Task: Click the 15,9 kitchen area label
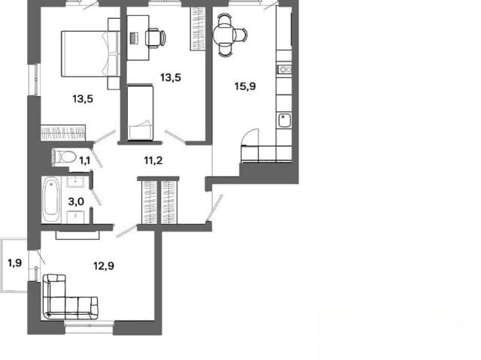point(245,86)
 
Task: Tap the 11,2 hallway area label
point(153,160)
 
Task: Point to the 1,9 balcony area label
point(14,263)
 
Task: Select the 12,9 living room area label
point(104,266)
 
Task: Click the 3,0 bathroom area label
point(76,201)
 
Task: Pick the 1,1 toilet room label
point(85,160)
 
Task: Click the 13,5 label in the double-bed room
point(83,99)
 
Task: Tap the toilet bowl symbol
point(65,157)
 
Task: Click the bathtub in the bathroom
point(51,200)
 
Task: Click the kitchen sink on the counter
point(284,120)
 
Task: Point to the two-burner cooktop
point(284,70)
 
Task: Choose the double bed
point(90,53)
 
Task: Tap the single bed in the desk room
point(141,113)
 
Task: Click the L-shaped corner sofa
point(70,297)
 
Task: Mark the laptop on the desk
point(135,38)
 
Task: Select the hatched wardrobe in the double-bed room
point(63,133)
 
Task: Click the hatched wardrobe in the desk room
point(198,29)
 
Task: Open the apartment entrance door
point(214,208)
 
